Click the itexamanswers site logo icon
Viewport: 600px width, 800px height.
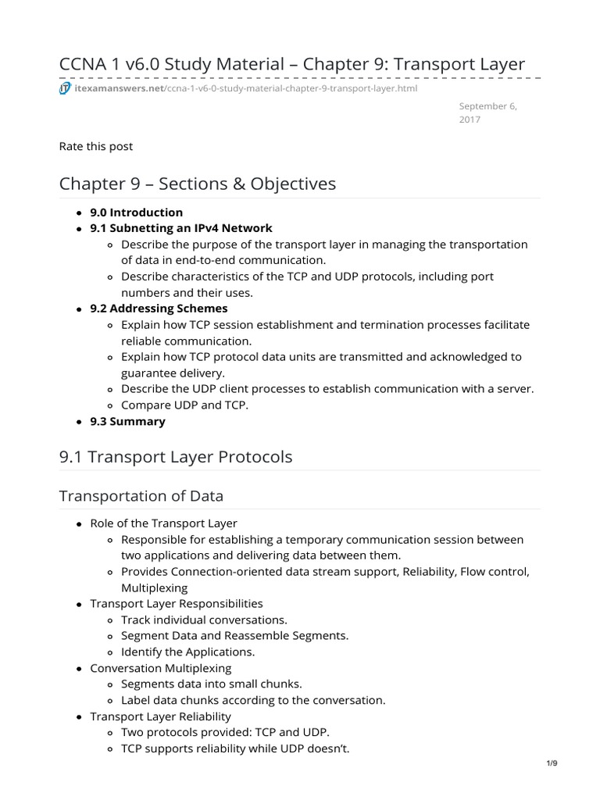pos(66,88)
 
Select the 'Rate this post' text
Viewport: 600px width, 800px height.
pos(96,146)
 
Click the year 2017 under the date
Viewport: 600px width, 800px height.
pos(470,120)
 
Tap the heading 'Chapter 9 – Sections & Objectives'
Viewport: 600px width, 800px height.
pos(198,184)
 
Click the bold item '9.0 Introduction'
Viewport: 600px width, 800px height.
pos(137,212)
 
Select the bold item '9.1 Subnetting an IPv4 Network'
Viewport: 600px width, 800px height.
pos(181,228)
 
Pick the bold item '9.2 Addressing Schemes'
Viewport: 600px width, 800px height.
pos(159,309)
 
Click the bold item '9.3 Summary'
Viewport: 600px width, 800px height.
pos(128,421)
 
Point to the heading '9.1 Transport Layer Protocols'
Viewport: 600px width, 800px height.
pos(176,457)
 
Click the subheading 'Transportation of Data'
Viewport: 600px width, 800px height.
pos(141,496)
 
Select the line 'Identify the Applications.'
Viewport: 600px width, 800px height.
pos(187,652)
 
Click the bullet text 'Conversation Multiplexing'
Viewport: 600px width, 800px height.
pos(161,668)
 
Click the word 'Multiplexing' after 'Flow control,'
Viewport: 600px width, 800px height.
pos(155,587)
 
